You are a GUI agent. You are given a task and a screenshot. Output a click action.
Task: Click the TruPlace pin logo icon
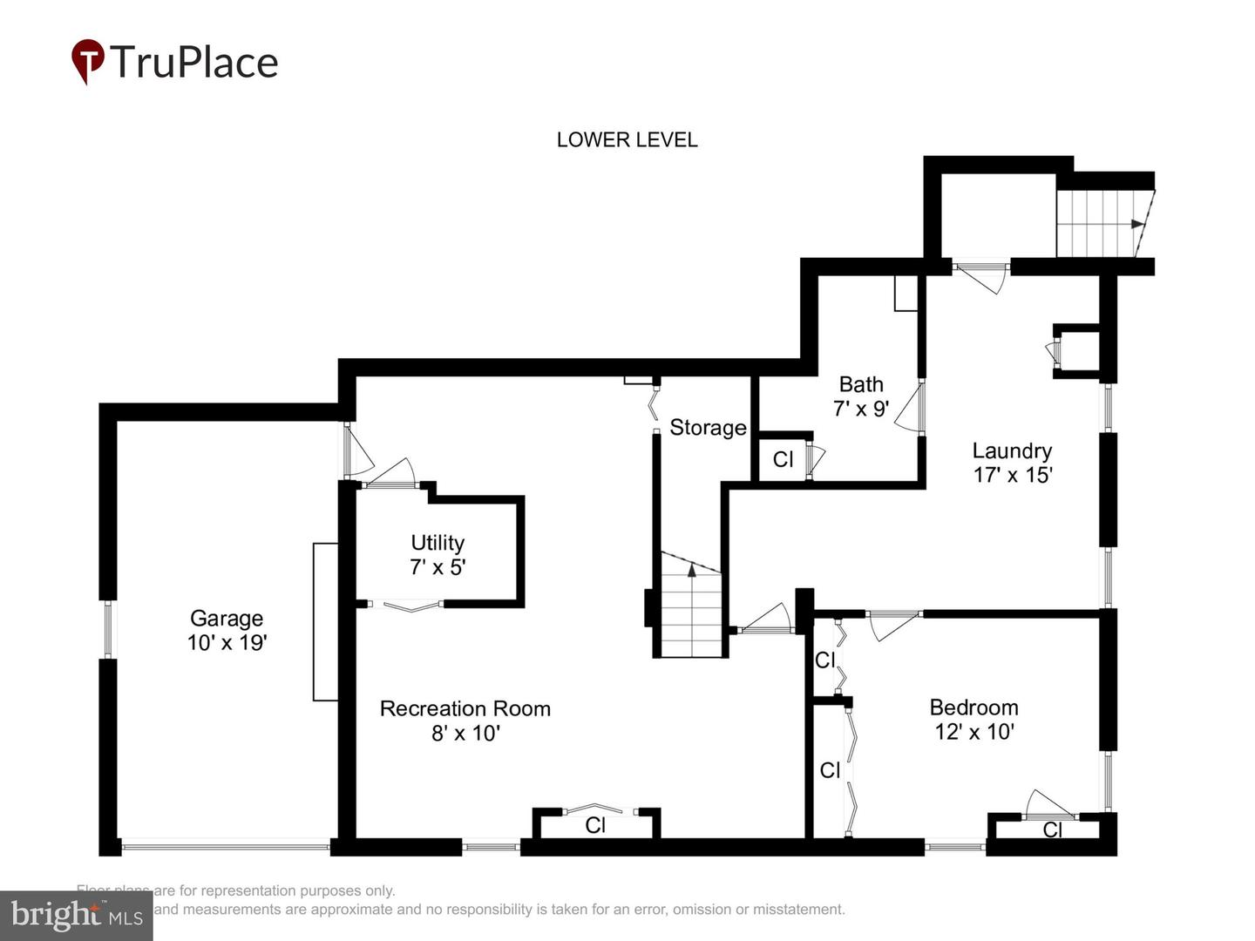coord(87,61)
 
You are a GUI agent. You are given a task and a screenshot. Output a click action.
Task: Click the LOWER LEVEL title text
coord(627,140)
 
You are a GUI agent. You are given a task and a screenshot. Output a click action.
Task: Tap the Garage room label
coord(227,619)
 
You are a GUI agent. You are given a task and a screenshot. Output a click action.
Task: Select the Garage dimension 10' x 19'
coord(227,643)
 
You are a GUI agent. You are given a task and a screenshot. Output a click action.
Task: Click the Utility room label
coord(438,543)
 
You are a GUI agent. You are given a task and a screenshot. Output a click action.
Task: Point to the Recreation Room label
coord(465,708)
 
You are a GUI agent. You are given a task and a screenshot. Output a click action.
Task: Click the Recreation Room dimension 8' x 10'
coord(465,733)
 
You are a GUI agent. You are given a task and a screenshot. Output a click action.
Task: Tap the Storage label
coord(708,428)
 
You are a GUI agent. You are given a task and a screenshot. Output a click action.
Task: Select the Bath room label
coord(861,384)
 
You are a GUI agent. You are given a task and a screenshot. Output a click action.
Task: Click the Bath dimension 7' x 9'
coord(861,409)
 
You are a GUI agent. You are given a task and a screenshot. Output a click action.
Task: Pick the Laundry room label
coord(1012,450)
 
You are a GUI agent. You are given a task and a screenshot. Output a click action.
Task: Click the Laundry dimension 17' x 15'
coord(1013,475)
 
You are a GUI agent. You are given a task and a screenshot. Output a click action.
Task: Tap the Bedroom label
coord(973,707)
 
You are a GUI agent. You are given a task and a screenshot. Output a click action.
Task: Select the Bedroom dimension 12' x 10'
coord(973,732)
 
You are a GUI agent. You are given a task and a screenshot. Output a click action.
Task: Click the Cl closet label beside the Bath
coord(783,459)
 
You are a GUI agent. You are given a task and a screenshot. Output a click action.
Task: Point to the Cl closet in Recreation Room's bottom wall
coord(595,824)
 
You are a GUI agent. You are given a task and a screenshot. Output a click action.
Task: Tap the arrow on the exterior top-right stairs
coord(1136,224)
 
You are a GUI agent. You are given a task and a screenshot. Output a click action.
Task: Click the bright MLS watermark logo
coord(77,915)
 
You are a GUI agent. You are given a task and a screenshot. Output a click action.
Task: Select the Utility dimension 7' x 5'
coord(438,567)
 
